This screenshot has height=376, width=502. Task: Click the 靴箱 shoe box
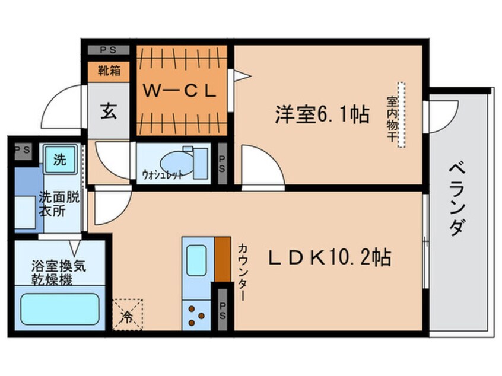[109, 72]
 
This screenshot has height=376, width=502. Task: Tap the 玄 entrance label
[109, 111]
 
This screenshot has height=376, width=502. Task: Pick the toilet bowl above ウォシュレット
[178, 158]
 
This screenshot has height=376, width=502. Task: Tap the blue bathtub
[60, 309]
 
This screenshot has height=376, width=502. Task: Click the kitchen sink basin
[198, 259]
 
